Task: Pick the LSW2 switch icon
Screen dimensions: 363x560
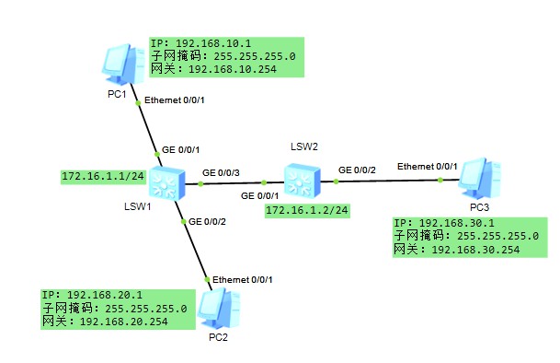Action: coord(301,181)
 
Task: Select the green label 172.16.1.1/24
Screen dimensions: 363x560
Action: coord(97,175)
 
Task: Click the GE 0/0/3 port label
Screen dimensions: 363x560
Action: coord(221,172)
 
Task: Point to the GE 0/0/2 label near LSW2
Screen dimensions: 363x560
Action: coord(358,170)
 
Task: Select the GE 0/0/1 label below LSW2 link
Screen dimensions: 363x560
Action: coord(260,195)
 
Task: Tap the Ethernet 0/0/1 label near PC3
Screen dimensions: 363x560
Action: coord(427,166)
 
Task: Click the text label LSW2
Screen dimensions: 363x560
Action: coord(304,146)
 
